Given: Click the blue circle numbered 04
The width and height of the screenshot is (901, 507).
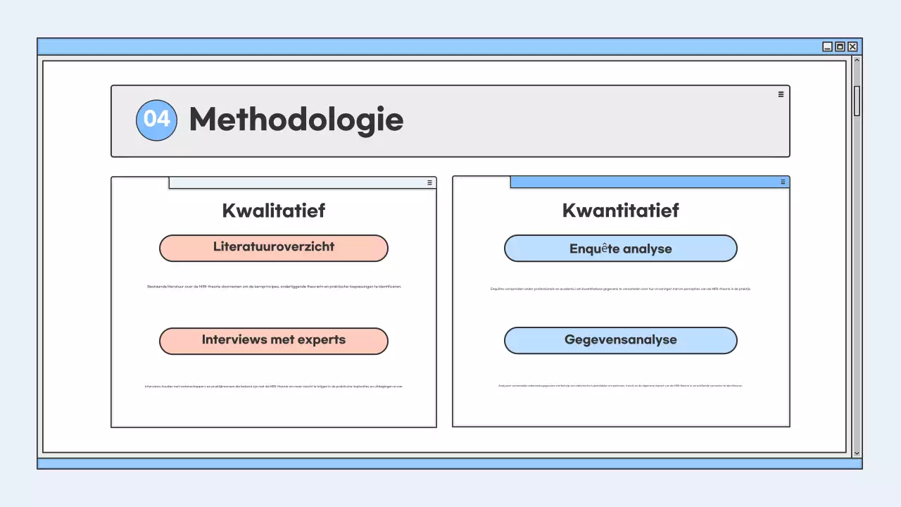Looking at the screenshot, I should coord(156,120).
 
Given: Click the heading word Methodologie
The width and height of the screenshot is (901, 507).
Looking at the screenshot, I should coord(296,120).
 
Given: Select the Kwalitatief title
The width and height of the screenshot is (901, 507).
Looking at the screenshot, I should coord(273,211).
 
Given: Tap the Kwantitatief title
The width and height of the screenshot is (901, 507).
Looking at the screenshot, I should coord(620,211).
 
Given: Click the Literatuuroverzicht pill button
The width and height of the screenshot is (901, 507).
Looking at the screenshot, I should coord(273,248).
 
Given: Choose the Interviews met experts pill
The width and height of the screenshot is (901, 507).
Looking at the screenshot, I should coord(273,341).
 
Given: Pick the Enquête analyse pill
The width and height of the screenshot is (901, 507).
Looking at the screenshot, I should coord(620,249).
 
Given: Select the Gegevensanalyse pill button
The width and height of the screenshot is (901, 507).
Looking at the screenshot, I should coord(620,341).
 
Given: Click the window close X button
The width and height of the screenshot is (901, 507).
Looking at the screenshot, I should coord(852,46).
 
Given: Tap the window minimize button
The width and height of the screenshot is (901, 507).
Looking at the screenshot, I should coord(827,46).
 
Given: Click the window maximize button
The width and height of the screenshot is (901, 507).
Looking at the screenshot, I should coord(840,46).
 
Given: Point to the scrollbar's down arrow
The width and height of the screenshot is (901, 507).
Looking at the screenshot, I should coord(857,453).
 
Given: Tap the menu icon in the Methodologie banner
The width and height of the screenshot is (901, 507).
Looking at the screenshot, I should coord(781,94).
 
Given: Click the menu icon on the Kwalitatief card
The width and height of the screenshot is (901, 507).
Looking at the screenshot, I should coord(429,182).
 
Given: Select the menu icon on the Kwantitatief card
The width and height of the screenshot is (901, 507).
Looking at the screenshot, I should coord(783,182).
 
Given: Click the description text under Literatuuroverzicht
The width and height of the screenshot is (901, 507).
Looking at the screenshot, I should coord(273,287).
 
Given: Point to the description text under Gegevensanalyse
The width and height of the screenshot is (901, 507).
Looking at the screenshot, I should coord(620,385).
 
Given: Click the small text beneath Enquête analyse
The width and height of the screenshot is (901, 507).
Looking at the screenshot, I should coord(620,289).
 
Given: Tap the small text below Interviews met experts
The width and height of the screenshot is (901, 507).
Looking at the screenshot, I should coord(273,386).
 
